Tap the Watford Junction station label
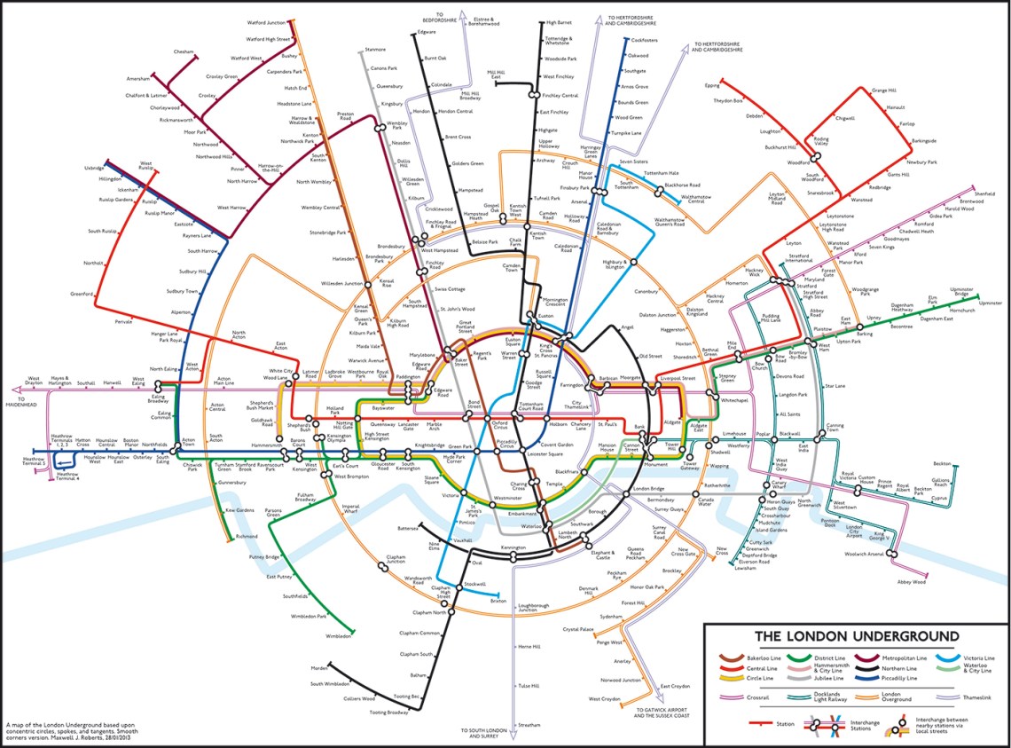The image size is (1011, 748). click(x=265, y=23)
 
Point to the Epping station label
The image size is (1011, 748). click(x=711, y=86)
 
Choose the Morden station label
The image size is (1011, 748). click(x=319, y=668)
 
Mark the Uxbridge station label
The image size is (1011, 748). click(x=94, y=167)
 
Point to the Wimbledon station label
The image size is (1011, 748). click(x=338, y=636)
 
